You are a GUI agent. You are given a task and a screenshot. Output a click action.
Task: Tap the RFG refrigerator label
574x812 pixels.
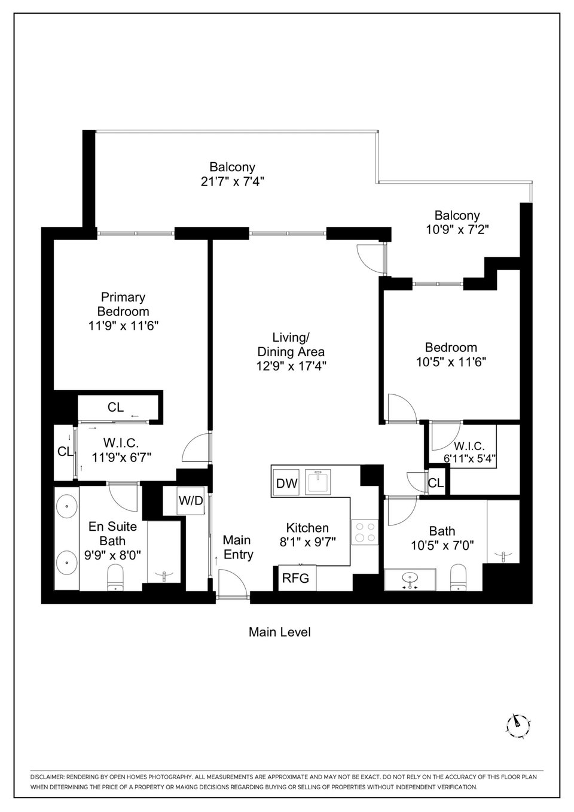[295, 578]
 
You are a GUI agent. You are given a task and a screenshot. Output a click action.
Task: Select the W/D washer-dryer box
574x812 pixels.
[191, 501]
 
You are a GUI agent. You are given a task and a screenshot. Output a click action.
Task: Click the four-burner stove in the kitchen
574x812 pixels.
[364, 532]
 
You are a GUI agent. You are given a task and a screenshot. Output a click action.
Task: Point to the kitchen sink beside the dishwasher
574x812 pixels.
[319, 482]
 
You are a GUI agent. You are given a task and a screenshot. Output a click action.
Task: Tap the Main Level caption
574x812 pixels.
[280, 632]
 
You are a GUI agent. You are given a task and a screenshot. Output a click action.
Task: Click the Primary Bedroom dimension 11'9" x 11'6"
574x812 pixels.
[124, 326]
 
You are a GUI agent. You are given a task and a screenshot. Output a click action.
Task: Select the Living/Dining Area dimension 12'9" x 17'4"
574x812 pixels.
[291, 366]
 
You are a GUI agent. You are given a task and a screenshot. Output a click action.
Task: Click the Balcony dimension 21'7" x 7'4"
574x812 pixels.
[232, 181]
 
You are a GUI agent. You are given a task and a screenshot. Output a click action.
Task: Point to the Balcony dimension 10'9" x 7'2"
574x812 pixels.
[457, 229]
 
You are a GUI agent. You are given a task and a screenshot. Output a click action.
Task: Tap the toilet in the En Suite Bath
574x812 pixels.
[116, 577]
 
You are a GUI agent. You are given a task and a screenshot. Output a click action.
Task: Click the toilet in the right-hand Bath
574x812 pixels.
[458, 577]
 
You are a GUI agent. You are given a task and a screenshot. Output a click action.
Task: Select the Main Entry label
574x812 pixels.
[237, 547]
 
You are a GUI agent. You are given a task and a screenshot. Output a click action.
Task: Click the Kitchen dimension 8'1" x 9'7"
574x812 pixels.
[308, 542]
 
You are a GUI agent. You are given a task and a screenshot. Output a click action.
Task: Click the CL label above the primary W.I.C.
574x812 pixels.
[115, 407]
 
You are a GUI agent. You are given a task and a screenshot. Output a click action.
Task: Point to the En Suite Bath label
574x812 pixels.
[112, 534]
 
